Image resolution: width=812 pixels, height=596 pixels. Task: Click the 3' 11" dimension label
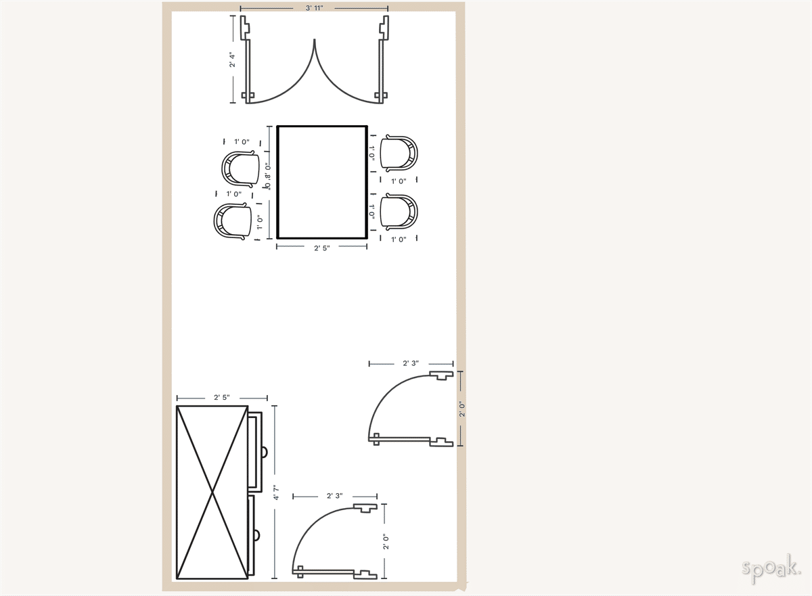tap(314, 8)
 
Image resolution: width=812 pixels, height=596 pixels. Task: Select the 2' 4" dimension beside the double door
tap(233, 60)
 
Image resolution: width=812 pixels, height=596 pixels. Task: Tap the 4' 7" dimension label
tap(275, 492)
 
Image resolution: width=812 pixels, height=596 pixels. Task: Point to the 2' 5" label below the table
tap(322, 248)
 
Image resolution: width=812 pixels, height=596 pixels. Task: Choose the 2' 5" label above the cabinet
tap(222, 398)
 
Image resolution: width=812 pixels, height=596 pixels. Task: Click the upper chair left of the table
tap(241, 167)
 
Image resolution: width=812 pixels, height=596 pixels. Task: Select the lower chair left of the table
tap(232, 221)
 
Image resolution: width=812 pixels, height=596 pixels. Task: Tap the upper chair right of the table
tap(399, 152)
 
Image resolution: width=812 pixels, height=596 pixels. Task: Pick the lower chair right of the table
tap(399, 211)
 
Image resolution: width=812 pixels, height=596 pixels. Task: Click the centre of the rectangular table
tap(322, 182)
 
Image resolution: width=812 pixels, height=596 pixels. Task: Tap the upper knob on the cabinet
tap(264, 451)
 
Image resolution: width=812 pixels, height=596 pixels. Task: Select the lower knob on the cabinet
tap(257, 535)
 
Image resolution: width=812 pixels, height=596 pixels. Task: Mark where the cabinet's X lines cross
tap(212, 492)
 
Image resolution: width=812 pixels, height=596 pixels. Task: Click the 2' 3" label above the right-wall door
tap(411, 363)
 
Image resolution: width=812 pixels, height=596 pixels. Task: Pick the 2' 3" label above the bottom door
tap(334, 496)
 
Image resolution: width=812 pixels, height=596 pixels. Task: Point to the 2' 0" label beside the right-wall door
tap(461, 409)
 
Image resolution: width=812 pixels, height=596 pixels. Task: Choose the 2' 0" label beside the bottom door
tap(385, 542)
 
